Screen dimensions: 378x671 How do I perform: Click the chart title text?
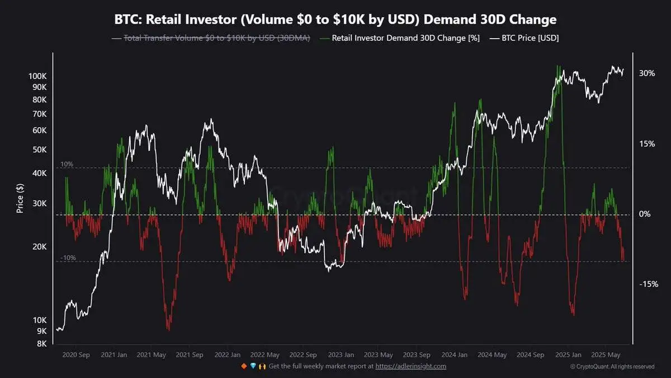click(335, 20)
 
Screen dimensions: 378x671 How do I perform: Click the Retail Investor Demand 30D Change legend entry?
click(401, 38)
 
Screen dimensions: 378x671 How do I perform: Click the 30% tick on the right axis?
click(647, 73)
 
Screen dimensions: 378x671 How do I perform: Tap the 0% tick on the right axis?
click(645, 214)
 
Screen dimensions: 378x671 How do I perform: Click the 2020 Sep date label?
click(76, 355)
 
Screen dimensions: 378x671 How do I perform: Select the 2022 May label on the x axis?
click(265, 355)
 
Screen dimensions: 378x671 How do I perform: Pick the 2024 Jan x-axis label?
click(454, 355)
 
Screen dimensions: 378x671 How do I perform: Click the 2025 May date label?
click(606, 355)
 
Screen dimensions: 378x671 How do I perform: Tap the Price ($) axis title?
click(20, 199)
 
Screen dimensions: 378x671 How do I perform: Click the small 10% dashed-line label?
click(67, 164)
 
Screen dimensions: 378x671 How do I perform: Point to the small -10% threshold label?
click(68, 258)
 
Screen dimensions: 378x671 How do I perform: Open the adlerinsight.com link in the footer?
click(410, 366)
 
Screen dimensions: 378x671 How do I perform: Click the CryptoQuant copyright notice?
click(612, 367)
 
